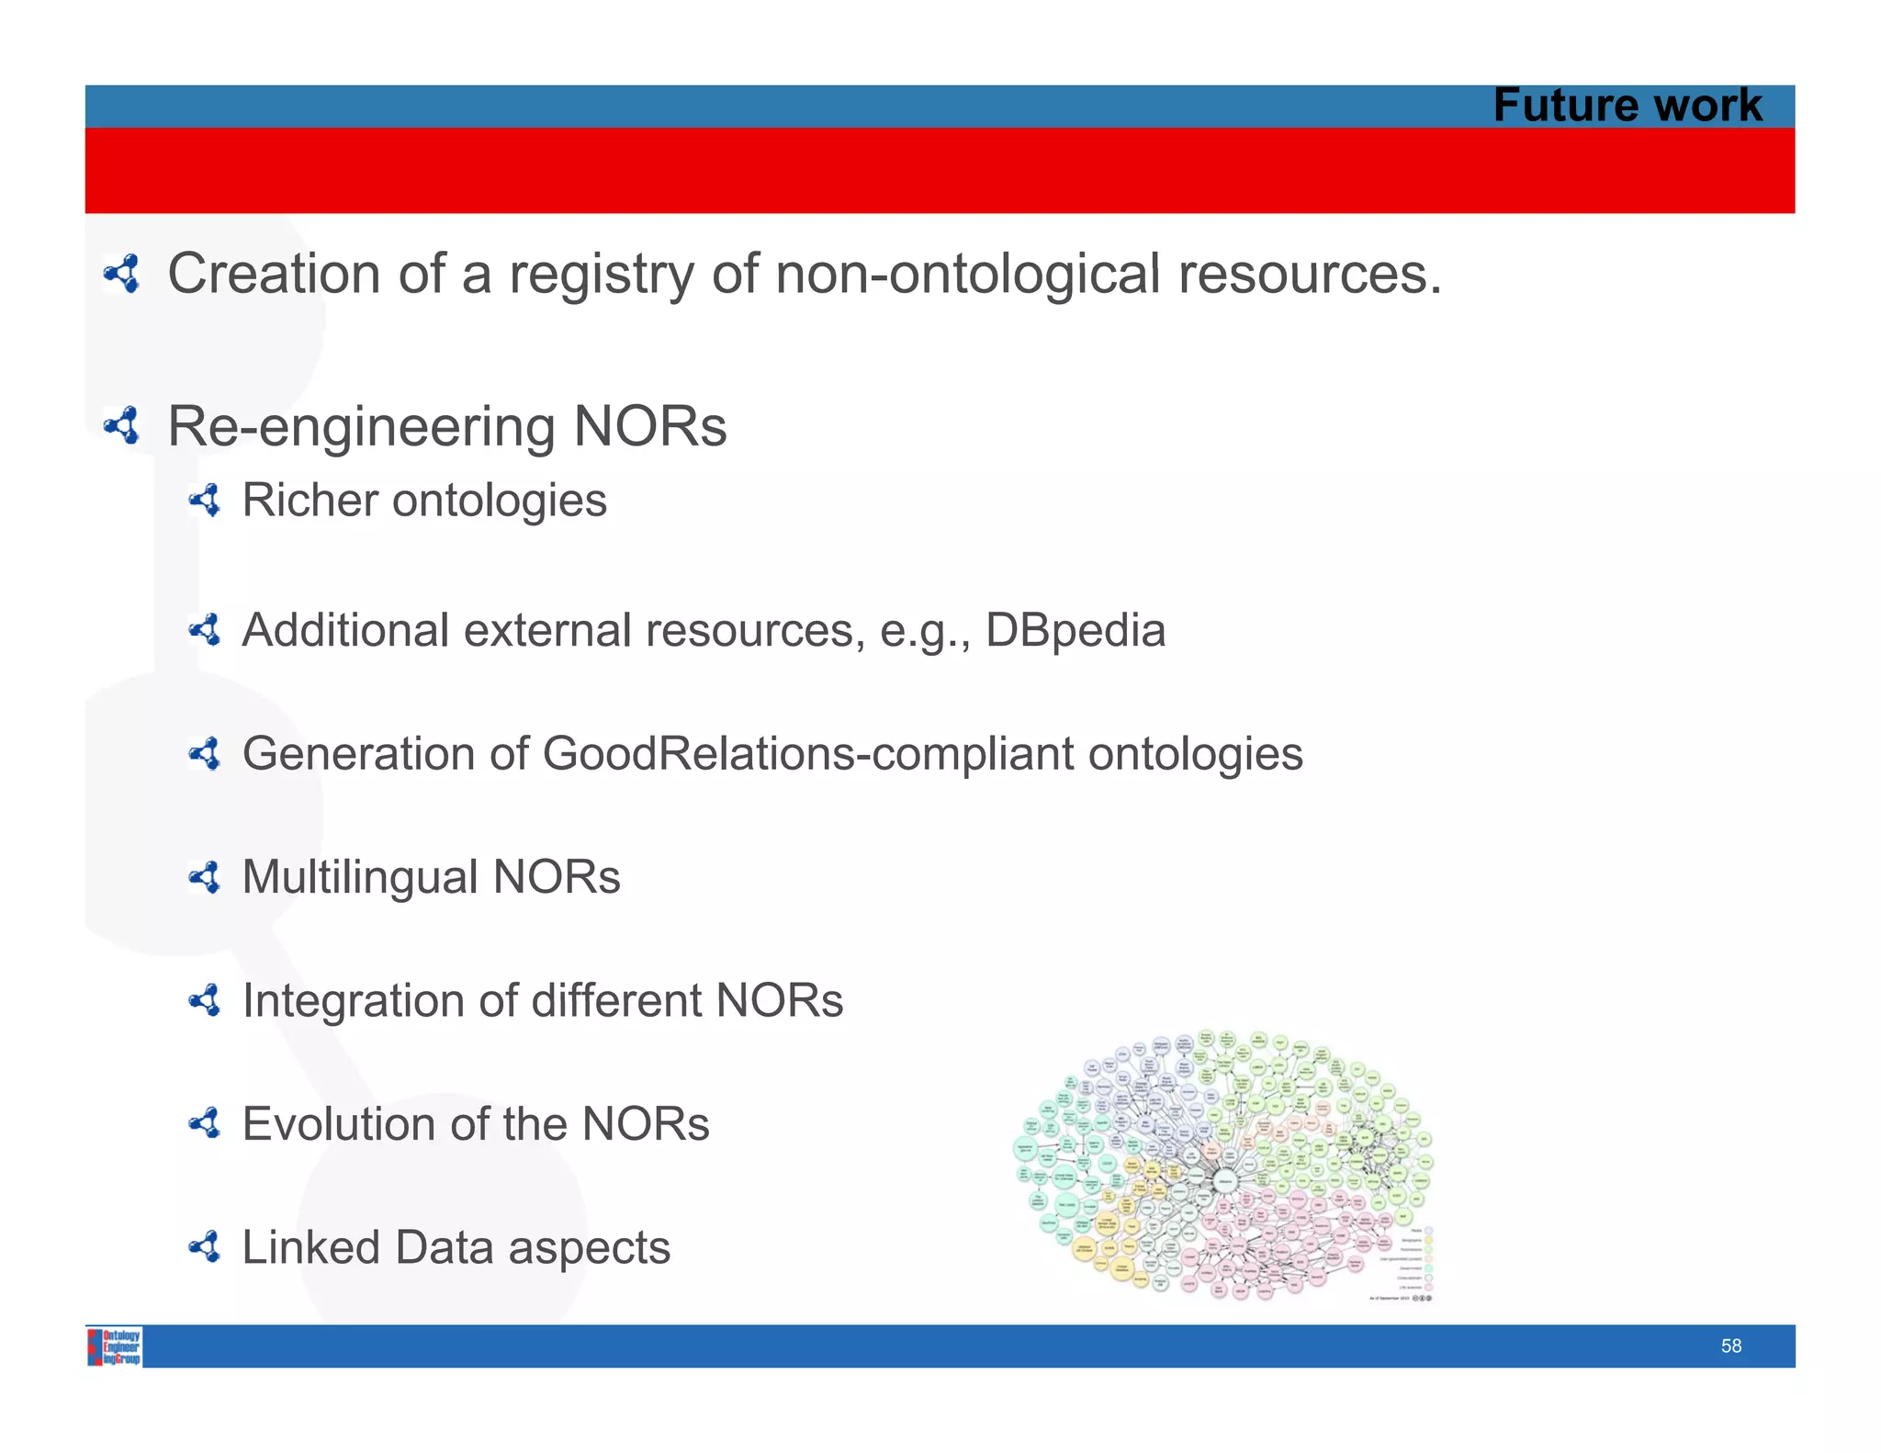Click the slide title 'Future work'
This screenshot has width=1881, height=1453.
(x=1627, y=106)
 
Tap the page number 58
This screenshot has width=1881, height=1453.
(x=1730, y=1346)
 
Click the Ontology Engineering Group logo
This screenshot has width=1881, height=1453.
(x=115, y=1346)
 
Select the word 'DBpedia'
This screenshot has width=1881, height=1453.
(x=1075, y=631)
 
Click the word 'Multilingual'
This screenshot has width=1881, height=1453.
(x=359, y=877)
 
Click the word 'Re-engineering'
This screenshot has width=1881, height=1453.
(x=361, y=427)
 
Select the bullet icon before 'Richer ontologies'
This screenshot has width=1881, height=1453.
(x=205, y=501)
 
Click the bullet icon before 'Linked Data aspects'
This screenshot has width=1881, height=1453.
(x=205, y=1247)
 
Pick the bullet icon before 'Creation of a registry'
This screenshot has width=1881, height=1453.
(x=122, y=274)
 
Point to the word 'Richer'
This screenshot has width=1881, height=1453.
(x=310, y=501)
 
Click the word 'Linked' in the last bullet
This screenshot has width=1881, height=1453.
(x=310, y=1248)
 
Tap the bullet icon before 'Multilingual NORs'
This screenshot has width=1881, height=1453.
(x=205, y=877)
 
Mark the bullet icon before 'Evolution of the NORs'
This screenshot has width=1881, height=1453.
(x=205, y=1123)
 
